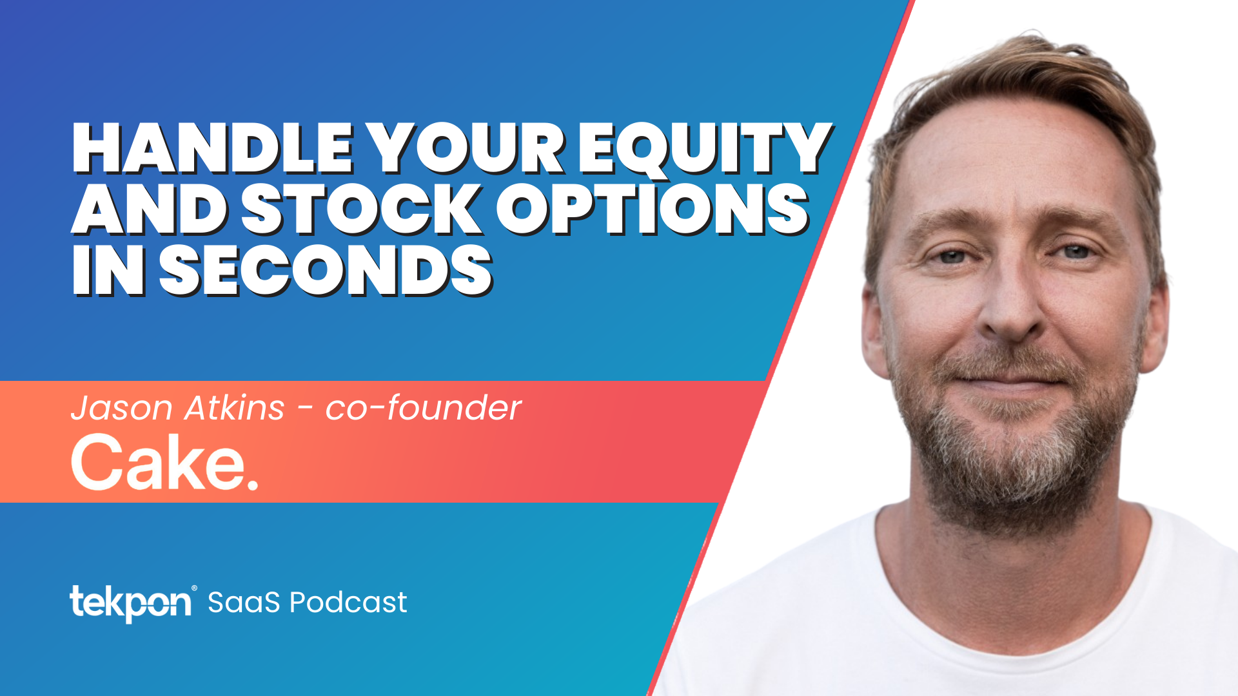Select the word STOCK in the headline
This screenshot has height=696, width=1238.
(361, 209)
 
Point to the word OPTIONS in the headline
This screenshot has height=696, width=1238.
(651, 209)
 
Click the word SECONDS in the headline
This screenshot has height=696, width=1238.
(326, 271)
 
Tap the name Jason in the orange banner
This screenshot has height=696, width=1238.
(122, 409)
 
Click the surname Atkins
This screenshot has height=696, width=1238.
(235, 409)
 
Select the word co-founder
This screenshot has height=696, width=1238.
(423, 409)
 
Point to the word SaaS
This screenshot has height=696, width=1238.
(244, 603)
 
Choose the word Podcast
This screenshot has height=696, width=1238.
(348, 603)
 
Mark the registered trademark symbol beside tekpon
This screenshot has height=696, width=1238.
(194, 588)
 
